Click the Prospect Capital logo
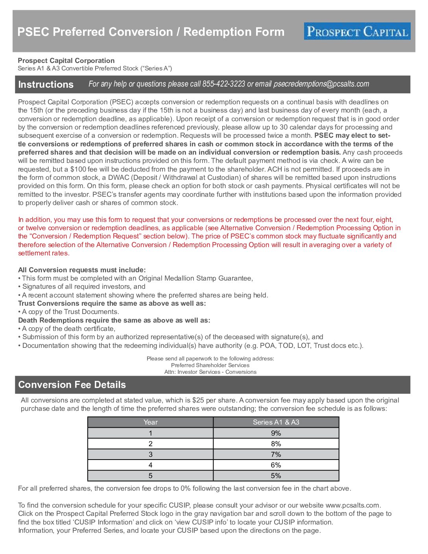click(x=357, y=31)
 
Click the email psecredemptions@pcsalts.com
click(x=321, y=84)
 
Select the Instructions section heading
click(x=46, y=85)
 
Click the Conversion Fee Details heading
click(x=72, y=385)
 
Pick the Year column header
click(x=150, y=422)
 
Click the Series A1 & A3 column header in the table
click(x=276, y=422)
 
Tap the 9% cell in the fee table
click(x=276, y=433)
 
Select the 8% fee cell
click(x=276, y=444)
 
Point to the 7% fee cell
click(x=276, y=454)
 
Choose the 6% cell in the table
click(x=276, y=465)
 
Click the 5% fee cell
click(x=276, y=476)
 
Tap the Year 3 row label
click(x=150, y=454)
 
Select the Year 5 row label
click(x=150, y=476)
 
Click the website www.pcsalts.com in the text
click(x=352, y=505)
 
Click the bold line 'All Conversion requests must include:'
click(x=82, y=270)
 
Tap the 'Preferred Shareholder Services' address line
click(x=210, y=365)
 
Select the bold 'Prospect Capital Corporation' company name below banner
click(x=66, y=61)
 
